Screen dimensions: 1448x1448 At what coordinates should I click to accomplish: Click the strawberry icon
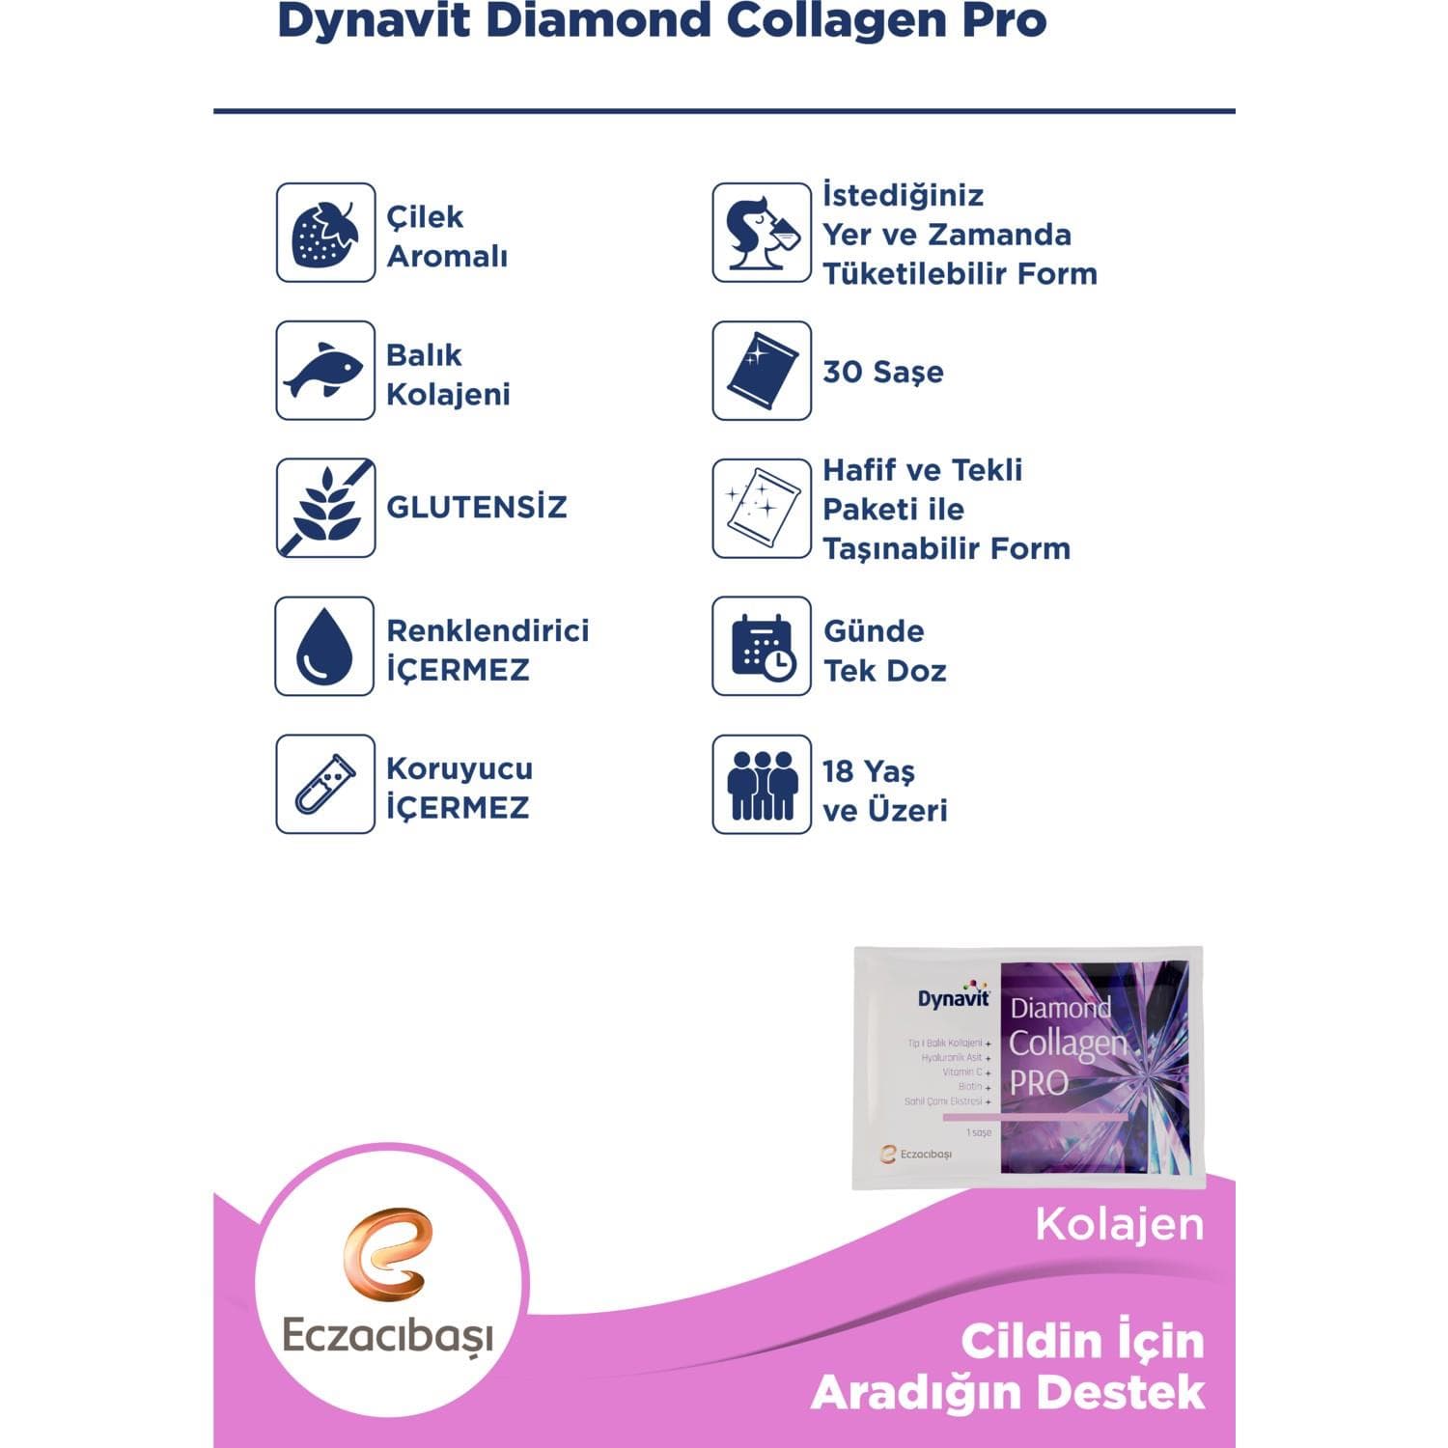coord(325,233)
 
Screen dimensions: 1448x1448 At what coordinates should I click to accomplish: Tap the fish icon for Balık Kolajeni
coord(325,371)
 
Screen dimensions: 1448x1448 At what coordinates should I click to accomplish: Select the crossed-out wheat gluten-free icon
coord(325,508)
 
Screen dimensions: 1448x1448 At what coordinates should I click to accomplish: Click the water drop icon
coord(325,646)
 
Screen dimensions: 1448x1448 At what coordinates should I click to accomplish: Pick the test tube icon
coord(325,784)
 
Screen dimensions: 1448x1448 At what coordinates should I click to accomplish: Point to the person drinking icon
coord(762,233)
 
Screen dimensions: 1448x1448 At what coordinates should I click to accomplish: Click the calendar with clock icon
coord(762,646)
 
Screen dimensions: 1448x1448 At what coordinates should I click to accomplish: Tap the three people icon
coord(762,784)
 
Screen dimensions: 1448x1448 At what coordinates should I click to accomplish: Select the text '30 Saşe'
coord(882,372)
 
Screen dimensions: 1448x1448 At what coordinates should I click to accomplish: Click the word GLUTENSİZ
coord(476,507)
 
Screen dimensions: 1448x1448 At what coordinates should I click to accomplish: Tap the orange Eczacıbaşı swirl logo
coord(387,1255)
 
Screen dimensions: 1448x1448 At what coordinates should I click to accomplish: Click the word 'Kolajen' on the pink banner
coord(1120,1224)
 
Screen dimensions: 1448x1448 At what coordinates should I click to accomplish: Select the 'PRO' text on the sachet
coord(1039,1083)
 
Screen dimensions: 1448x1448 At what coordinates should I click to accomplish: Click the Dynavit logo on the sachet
coord(954,997)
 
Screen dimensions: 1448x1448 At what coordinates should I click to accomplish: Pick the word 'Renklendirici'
coord(487,630)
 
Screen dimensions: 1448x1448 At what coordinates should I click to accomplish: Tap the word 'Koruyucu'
coord(459,768)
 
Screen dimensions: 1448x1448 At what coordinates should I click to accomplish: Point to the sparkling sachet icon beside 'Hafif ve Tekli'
coord(762,508)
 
